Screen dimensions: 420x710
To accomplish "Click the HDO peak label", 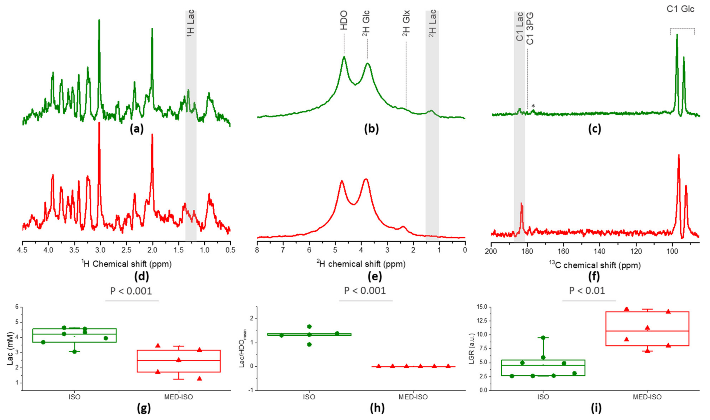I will [x=344, y=20].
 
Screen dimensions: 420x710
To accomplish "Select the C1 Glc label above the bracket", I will [x=680, y=9].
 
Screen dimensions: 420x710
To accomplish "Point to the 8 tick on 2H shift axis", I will [x=257, y=250].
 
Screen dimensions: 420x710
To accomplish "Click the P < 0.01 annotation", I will [x=587, y=291].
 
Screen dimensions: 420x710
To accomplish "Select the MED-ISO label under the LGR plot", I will [x=647, y=397].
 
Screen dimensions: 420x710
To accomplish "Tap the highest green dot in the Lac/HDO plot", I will [x=309, y=327].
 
